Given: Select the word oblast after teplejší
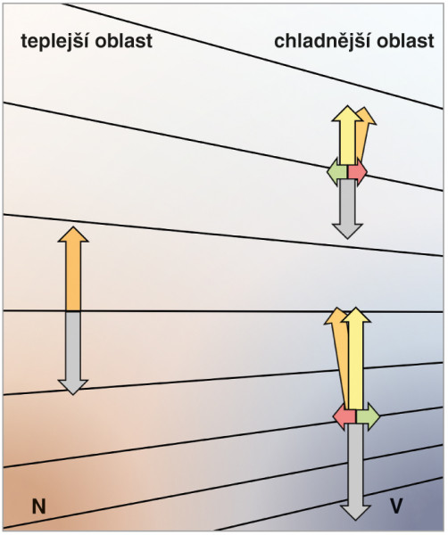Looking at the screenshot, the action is click(124, 41).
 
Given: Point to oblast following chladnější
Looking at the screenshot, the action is click(406, 41).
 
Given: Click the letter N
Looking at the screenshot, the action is click(38, 506).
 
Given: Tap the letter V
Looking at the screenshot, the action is click(396, 506).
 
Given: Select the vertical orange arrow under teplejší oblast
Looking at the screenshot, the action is click(73, 269).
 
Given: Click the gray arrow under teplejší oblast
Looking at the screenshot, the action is click(73, 353).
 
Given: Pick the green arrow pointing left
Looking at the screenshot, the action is click(337, 171).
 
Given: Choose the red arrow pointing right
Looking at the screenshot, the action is click(358, 171).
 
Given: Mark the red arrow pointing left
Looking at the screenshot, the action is click(344, 416).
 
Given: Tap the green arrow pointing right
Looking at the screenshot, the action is click(368, 416).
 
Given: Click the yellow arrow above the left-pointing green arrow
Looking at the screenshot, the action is click(347, 136).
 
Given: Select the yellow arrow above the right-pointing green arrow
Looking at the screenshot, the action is click(356, 358).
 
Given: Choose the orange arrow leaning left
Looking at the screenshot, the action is click(340, 358).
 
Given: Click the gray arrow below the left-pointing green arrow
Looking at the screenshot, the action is click(347, 210).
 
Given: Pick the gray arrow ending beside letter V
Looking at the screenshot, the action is click(355, 472).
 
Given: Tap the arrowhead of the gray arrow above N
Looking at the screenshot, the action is click(73, 387).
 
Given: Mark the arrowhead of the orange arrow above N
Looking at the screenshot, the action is click(73, 235).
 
